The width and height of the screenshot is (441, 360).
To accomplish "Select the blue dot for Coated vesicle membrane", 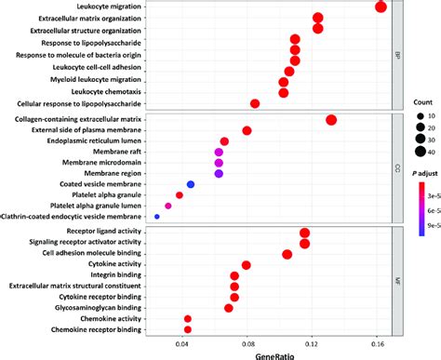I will pos(191,158).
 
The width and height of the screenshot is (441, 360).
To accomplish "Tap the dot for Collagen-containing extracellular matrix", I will pos(331,119).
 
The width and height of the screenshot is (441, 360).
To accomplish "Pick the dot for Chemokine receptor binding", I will pos(188,329).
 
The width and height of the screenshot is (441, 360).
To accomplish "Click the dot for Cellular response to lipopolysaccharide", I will pos(255,103).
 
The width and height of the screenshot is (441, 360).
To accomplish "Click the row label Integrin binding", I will pos(115,276).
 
